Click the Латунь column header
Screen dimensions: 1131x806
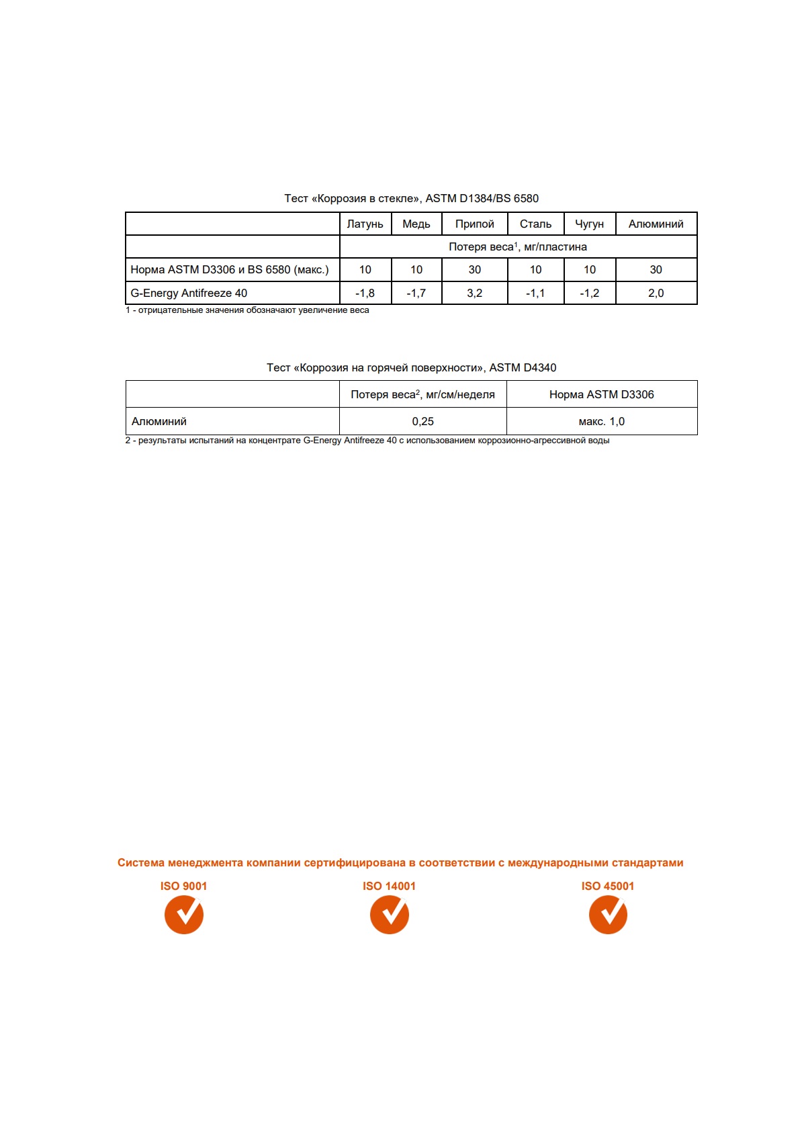click(365, 224)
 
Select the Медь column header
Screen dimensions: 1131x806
click(416, 224)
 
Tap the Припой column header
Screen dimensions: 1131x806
click(474, 224)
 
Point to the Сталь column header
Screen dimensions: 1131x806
click(535, 224)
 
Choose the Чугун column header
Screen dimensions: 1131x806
click(589, 224)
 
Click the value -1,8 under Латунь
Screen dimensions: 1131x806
click(365, 293)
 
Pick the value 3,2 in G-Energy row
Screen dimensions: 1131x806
click(474, 293)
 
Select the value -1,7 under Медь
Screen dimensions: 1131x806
click(416, 293)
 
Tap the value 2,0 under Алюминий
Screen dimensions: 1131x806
click(656, 293)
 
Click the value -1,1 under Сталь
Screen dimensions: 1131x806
click(535, 293)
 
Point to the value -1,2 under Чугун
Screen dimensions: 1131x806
click(589, 293)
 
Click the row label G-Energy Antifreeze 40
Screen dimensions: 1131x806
click(189, 293)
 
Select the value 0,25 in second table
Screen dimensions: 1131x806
click(422, 422)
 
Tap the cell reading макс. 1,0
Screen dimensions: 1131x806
click(601, 422)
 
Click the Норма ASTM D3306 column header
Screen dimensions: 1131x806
click(601, 395)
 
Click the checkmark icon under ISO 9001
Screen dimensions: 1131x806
click(184, 915)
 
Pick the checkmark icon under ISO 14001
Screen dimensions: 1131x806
click(390, 915)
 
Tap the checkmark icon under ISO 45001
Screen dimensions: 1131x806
click(608, 915)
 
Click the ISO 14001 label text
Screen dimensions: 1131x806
click(389, 887)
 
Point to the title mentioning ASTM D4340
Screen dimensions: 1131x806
click(411, 368)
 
